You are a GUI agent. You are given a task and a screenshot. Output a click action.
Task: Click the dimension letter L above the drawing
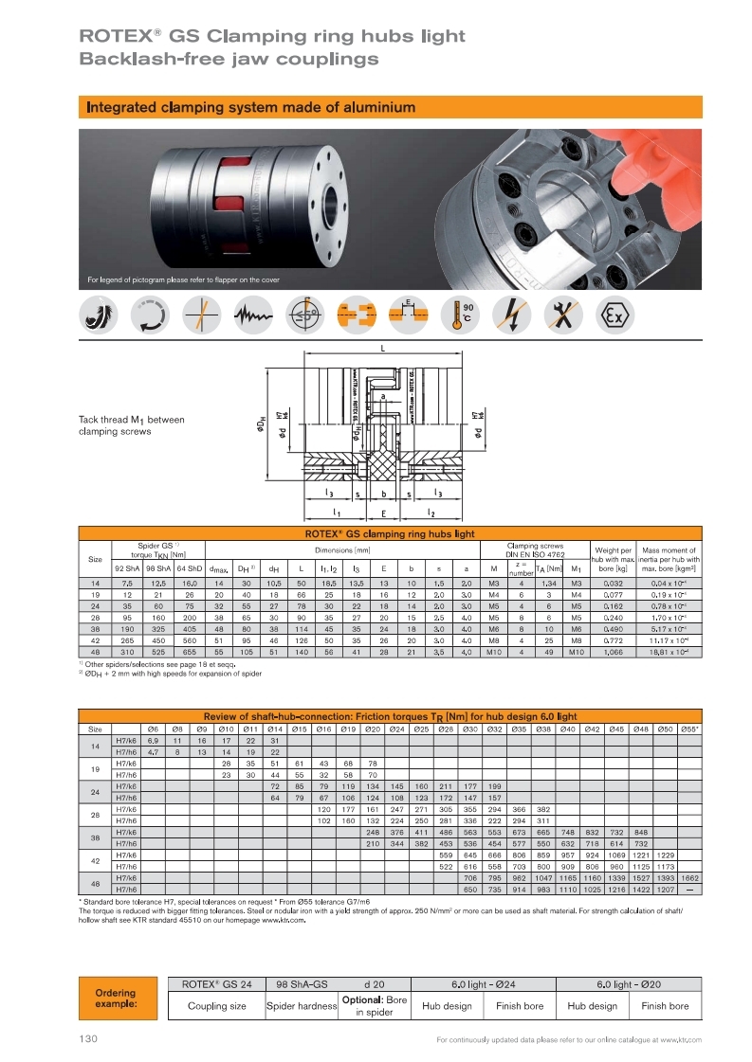[x=408, y=348]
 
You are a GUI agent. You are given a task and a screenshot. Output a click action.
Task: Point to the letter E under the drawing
[x=383, y=513]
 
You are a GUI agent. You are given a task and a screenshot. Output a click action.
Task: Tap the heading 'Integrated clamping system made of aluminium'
[x=250, y=107]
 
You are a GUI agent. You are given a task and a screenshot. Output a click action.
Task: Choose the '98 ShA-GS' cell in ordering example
[x=302, y=983]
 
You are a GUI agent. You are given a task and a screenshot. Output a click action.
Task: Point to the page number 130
[x=89, y=1039]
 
